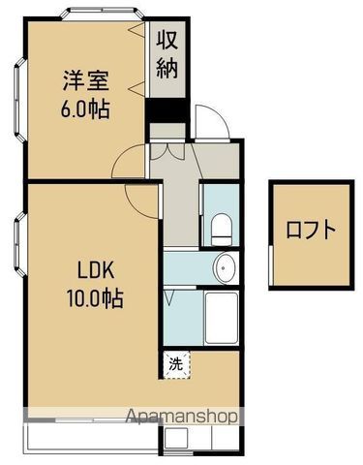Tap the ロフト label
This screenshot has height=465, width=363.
(312, 232)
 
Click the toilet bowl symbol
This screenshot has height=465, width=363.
(220, 232)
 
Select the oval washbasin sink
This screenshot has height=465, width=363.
(225, 266)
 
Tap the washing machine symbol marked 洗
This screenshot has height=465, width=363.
(176, 364)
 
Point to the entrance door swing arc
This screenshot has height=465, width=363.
(206, 122)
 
